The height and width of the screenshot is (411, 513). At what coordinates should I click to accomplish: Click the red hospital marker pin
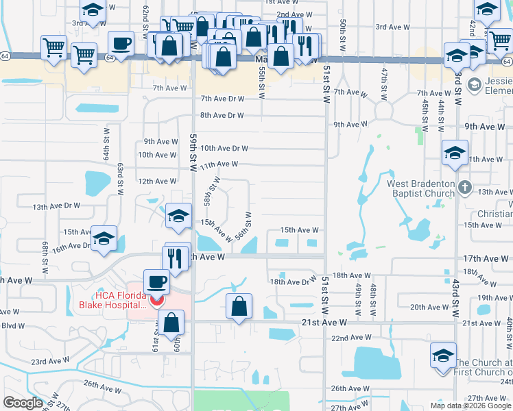pyautogui.click(x=157, y=300)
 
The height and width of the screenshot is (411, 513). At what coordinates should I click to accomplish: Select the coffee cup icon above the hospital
pyautogui.click(x=156, y=282)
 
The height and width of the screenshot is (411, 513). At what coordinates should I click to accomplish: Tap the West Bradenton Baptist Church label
pyautogui.click(x=420, y=188)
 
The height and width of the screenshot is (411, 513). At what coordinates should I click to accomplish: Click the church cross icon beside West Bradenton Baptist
pyautogui.click(x=465, y=186)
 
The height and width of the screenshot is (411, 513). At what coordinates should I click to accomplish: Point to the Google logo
pyautogui.click(x=23, y=402)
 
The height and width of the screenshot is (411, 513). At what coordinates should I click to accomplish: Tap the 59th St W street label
pyautogui.click(x=193, y=152)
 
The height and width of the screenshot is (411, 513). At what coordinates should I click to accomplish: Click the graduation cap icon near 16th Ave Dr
pyautogui.click(x=104, y=238)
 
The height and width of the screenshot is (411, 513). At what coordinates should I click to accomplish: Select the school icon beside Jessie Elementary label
pyautogui.click(x=473, y=85)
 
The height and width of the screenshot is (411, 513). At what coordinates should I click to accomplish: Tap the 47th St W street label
pyautogui.click(x=384, y=82)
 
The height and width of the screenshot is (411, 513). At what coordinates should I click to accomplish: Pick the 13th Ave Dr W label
pyautogui.click(x=57, y=206)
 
